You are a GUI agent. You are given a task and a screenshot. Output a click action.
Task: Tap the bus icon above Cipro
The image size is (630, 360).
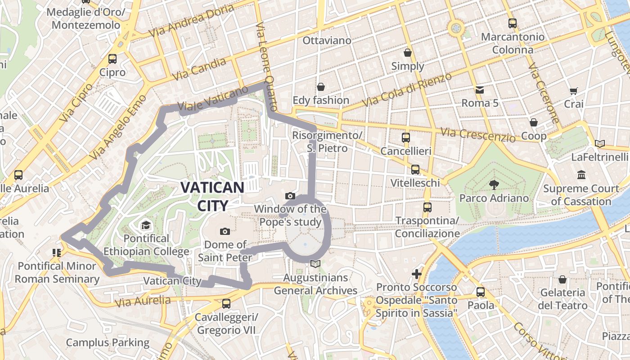tap(112, 59)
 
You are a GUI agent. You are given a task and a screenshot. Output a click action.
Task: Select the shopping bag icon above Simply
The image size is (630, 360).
tap(408, 53)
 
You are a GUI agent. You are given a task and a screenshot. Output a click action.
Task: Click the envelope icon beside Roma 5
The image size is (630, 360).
tap(480, 90)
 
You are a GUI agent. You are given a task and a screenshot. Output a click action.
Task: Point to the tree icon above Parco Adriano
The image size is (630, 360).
tap(494, 184)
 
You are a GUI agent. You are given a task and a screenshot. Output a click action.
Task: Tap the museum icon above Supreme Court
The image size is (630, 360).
tap(581, 175)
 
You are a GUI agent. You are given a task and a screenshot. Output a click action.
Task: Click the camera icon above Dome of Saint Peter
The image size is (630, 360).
tap(225, 231)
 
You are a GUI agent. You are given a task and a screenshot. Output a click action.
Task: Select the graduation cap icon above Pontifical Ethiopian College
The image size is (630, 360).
tap(146, 225)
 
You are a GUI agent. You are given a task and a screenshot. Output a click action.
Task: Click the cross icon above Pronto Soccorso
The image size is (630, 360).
tap(417, 274)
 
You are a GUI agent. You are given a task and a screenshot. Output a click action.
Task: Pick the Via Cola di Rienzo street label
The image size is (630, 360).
tap(407, 90)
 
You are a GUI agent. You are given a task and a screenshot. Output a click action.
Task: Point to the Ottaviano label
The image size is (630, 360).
tap(327, 40)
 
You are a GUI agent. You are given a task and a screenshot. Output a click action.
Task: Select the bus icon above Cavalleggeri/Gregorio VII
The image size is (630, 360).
tap(226, 304)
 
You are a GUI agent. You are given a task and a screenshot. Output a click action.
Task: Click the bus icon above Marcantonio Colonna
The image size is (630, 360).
tap(512, 23)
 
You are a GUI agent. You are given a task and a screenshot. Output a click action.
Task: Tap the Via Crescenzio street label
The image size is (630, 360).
tap(478, 135)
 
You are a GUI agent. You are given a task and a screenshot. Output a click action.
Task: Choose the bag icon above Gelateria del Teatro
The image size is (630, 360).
tap(562, 279)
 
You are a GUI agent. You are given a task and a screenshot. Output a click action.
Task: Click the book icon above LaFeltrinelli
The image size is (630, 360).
tap(599, 144)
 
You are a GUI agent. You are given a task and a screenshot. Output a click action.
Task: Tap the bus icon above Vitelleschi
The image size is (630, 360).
tap(415, 170)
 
